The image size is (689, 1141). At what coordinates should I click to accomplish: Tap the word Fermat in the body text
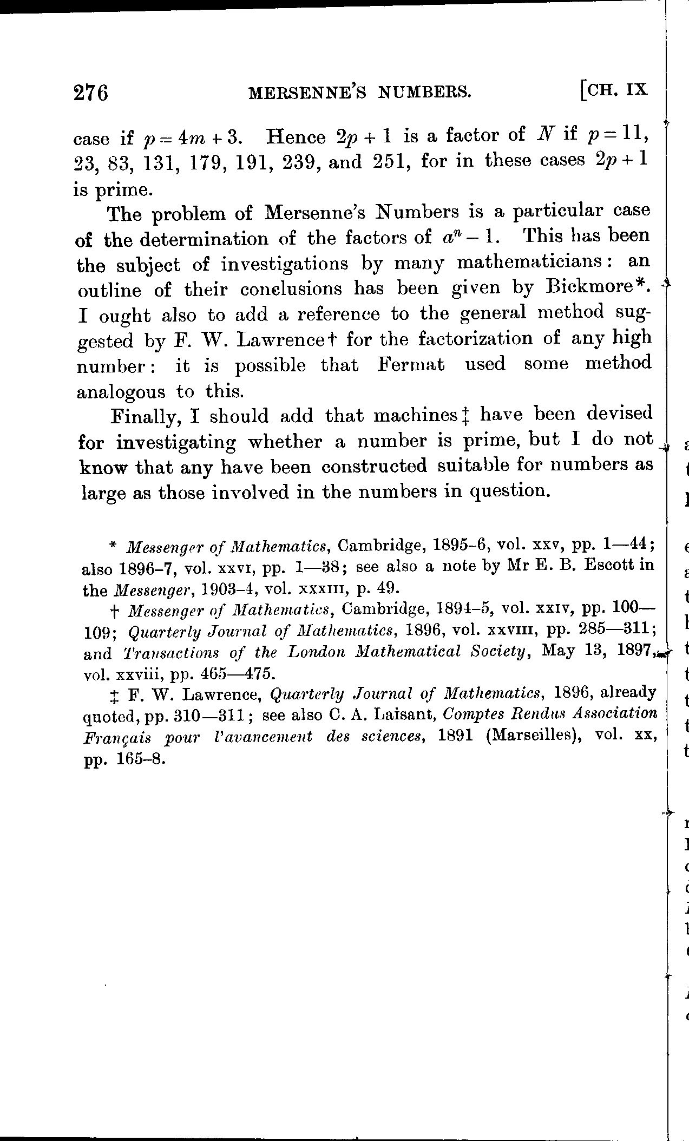411,365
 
